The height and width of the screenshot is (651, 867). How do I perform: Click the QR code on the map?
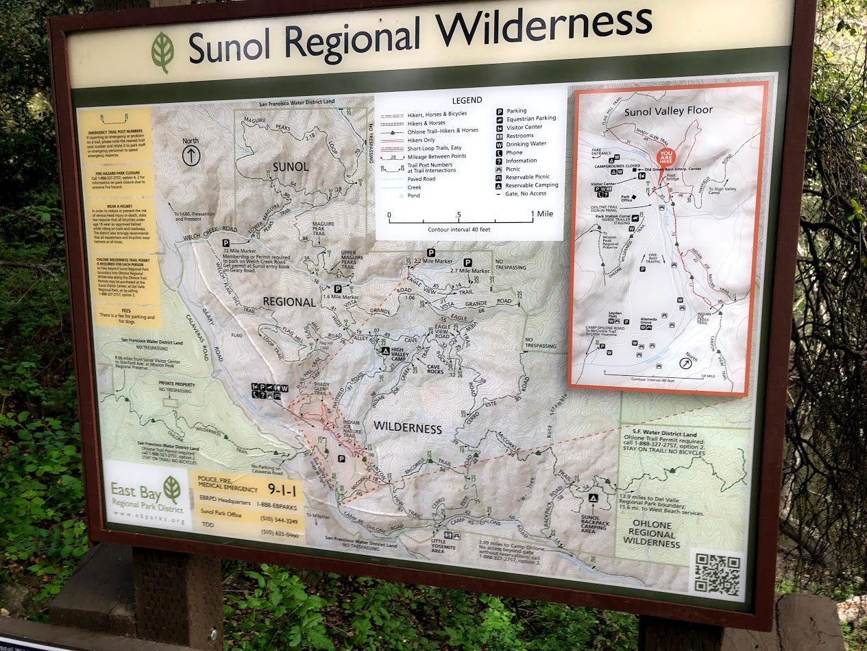coord(718,573)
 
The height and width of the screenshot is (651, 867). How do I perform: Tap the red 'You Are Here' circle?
coord(665,157)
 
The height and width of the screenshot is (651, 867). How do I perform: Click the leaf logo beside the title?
coord(162,52)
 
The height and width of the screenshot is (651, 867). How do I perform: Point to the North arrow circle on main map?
coord(191,156)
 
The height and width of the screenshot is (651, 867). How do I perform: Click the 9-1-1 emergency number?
coord(282,489)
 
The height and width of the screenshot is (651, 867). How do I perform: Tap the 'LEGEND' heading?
coord(468,100)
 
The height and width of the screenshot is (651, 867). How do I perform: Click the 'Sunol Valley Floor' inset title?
coord(669,110)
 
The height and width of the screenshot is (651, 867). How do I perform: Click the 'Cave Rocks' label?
coord(435,368)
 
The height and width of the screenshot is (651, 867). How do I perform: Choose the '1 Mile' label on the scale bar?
coord(545,214)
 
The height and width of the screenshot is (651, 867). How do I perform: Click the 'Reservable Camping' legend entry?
coord(531,185)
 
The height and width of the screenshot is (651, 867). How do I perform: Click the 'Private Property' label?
coord(175,383)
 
